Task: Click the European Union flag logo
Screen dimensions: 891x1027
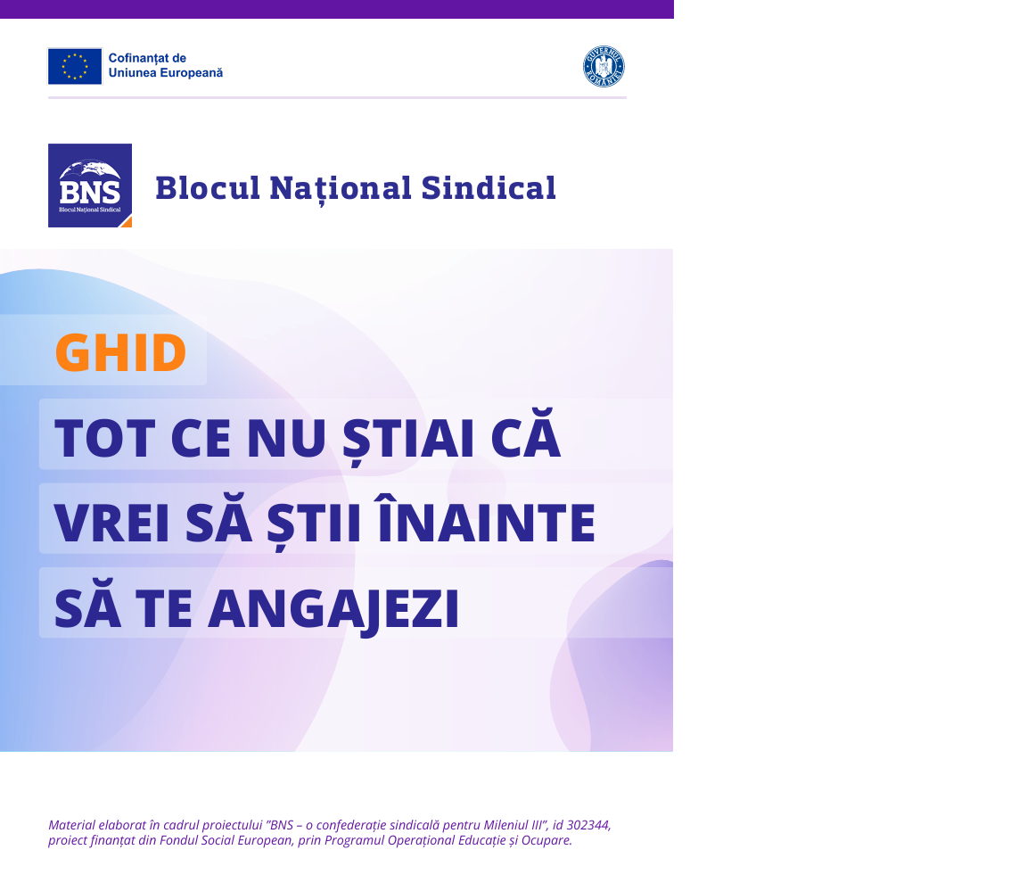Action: pos(75,66)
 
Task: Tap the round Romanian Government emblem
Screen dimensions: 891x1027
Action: pos(604,67)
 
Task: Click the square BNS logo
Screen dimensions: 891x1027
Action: pos(90,186)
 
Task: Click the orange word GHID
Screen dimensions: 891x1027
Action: pos(120,352)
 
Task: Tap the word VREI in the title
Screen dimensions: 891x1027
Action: pos(112,523)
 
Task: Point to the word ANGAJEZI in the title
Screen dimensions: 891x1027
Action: pos(338,608)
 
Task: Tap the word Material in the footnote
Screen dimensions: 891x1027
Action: pos(72,825)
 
